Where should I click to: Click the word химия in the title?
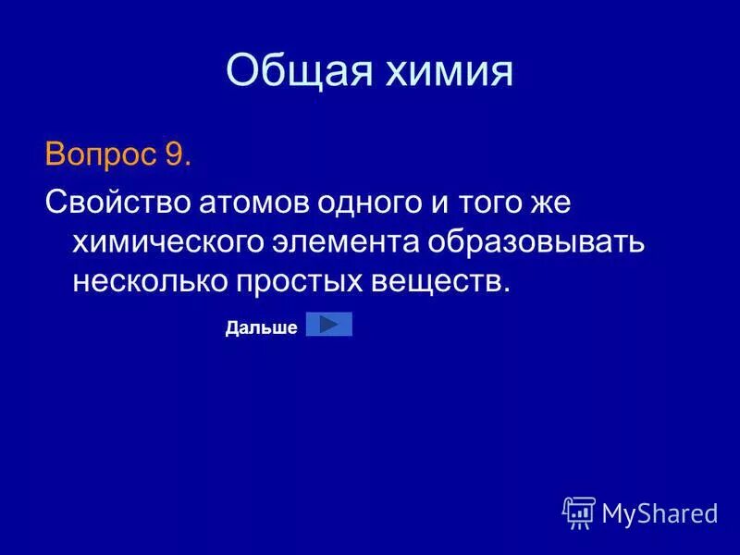pos(448,72)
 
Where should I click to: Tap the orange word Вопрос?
pos(100,154)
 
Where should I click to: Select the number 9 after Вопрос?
pos(176,154)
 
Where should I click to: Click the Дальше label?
pos(261,327)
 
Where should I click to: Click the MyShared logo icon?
pos(579,512)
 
